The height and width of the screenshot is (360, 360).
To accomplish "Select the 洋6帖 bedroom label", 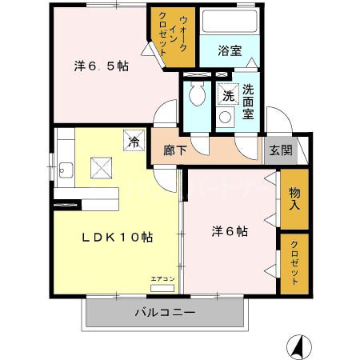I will [x=229, y=232].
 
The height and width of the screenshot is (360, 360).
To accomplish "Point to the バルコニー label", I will [x=164, y=313].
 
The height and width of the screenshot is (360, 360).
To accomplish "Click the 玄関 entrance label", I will [x=280, y=149].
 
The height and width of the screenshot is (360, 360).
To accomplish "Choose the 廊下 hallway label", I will [x=174, y=149].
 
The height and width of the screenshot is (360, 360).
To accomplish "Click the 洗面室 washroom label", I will [x=248, y=101].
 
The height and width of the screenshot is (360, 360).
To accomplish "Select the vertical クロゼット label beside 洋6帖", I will [x=294, y=263].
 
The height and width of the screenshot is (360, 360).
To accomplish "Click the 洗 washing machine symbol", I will [x=228, y=95].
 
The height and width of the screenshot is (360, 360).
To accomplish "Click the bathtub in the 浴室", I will [x=229, y=22].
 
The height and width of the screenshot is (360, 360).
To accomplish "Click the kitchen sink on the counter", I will [x=65, y=170].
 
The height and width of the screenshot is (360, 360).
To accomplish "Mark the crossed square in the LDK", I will [x=101, y=167].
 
